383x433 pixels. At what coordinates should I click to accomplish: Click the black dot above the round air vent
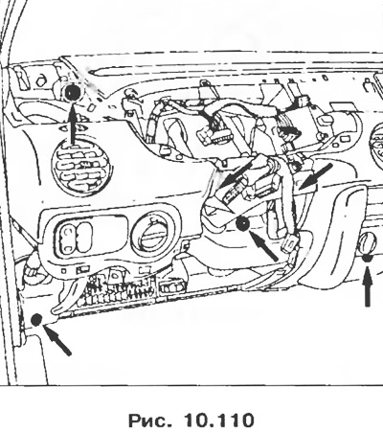73,93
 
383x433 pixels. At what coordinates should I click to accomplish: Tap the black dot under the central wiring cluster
243,224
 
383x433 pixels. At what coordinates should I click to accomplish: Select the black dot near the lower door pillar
36,319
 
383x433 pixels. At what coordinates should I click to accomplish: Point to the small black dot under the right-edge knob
368,258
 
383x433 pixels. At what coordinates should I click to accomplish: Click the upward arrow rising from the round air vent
73,124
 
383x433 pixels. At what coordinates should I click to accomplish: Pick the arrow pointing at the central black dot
263,246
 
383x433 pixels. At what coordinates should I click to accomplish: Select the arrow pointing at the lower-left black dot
57,340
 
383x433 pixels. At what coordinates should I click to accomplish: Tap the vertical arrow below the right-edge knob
368,286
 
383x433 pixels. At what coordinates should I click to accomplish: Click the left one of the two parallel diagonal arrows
237,174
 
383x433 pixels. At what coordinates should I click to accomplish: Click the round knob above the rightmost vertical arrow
368,243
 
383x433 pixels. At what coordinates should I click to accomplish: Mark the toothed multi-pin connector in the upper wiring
212,132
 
